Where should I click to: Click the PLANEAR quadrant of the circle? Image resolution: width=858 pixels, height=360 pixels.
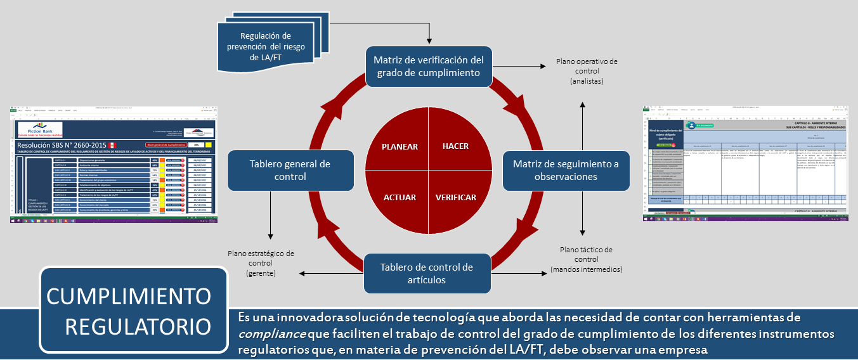pos(400,146)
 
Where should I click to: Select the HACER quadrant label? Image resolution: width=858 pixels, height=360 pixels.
pos(455,146)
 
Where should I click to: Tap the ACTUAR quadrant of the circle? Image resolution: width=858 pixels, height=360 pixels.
pos(400,197)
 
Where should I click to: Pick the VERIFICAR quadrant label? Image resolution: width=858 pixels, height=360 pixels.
pos(455,197)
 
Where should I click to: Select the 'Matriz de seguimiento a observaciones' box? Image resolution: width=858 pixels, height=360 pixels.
pos(566,170)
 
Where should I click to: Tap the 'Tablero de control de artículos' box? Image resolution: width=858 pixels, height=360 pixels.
pos(427,273)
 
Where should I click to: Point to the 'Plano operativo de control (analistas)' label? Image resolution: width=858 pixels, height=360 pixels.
pos(586,72)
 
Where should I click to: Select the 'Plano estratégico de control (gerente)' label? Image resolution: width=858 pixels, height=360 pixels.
pos(260,263)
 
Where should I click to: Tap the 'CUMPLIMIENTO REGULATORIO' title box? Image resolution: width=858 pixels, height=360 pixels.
pos(133,311)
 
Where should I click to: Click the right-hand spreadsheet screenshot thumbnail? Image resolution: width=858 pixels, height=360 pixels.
pos(749,163)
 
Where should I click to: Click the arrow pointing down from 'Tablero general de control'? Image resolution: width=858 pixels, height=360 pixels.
pos(271,222)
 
